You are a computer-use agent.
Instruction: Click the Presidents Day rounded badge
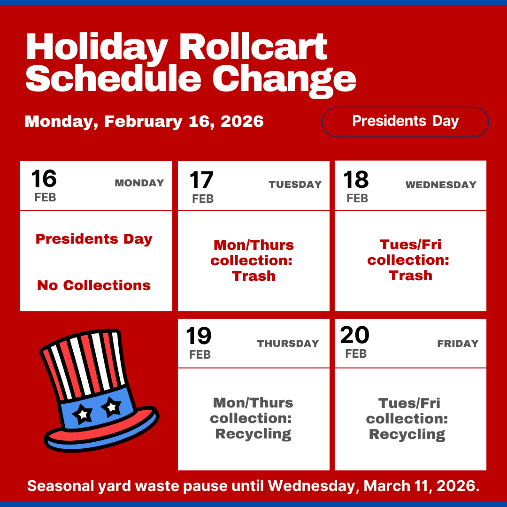point(405,122)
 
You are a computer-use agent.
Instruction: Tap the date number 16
point(44,179)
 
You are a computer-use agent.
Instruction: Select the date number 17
point(201,181)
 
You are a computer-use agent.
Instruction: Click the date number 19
point(199,337)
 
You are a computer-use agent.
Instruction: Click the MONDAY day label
point(139,183)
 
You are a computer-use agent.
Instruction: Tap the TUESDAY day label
point(295,184)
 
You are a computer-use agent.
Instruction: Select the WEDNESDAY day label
point(441,185)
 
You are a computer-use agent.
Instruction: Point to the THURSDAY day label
point(288,344)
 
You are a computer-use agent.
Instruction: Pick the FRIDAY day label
point(458,344)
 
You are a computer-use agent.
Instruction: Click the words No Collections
point(94,285)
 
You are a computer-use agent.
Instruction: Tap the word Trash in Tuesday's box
point(253,276)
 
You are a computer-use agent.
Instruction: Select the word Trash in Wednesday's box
point(410,276)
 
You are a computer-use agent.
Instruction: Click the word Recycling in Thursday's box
point(253,434)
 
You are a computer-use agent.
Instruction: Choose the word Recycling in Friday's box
point(407,434)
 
